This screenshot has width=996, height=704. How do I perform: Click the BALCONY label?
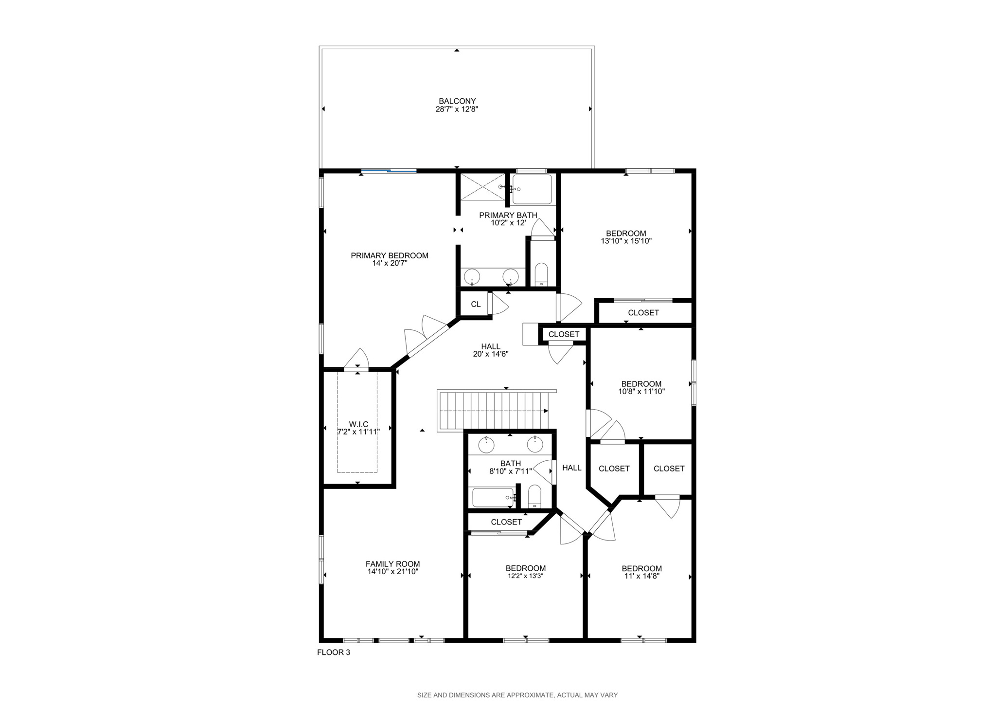457,101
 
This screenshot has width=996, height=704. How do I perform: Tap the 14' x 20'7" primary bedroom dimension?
390,263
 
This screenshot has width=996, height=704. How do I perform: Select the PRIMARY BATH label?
508,215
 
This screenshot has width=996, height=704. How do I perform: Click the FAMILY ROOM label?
392,564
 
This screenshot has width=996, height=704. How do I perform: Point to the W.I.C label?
358,424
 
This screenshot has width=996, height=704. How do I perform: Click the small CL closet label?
476,305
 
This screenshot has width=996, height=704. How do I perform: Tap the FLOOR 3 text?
333,652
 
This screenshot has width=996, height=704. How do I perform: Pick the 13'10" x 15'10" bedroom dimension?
626,241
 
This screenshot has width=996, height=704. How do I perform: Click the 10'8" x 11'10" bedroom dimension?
641,391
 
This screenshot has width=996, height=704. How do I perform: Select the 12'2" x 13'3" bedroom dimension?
525,576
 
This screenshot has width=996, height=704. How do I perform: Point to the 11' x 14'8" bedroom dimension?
641,576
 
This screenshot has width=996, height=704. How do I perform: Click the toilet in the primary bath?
541,274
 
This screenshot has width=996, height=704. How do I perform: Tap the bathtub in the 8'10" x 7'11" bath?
493,497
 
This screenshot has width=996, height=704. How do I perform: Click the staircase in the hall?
494,411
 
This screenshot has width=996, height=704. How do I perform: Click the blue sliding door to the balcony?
389,171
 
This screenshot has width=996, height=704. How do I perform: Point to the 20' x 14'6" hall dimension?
490,354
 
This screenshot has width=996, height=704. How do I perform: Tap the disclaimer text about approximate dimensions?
517,695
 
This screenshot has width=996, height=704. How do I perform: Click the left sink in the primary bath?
472,277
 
